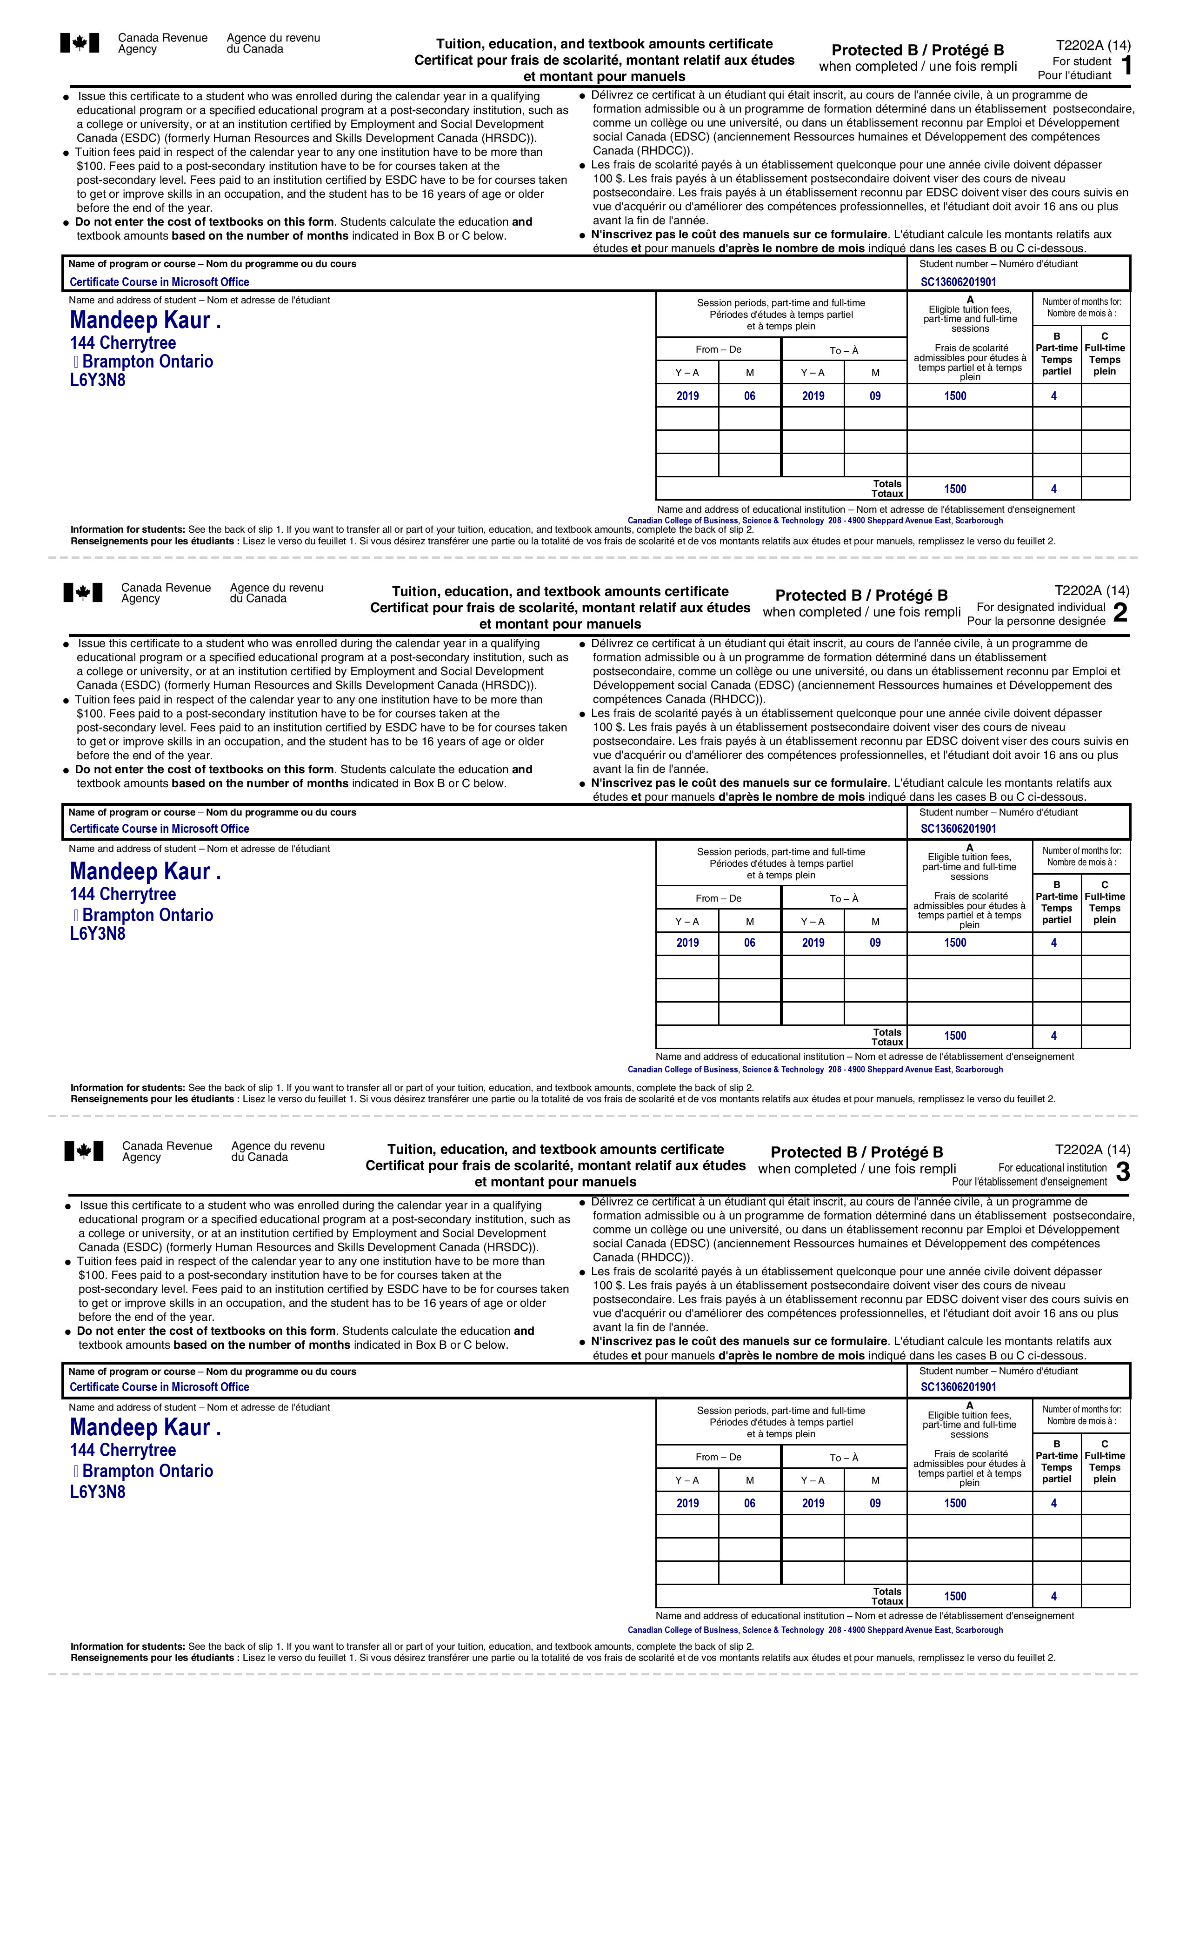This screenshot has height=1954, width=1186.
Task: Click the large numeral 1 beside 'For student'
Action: pyautogui.click(x=1126, y=66)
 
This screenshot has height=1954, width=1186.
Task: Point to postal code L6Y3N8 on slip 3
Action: pyautogui.click(x=98, y=1492)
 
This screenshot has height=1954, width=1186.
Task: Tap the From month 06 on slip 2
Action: pyautogui.click(x=749, y=943)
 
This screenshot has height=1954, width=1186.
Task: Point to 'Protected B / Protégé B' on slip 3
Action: pyautogui.click(x=857, y=1152)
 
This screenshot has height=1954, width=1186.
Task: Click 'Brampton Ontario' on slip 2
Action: pyautogui.click(x=147, y=915)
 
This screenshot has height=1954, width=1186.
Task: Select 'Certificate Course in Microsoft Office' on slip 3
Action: pyautogui.click(x=160, y=1387)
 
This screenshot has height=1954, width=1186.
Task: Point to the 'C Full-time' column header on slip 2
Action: pyautogui.click(x=1104, y=903)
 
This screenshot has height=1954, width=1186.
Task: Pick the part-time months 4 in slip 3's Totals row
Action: pyautogui.click(x=1053, y=1596)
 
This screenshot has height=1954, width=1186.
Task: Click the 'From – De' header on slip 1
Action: pyautogui.click(x=718, y=350)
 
